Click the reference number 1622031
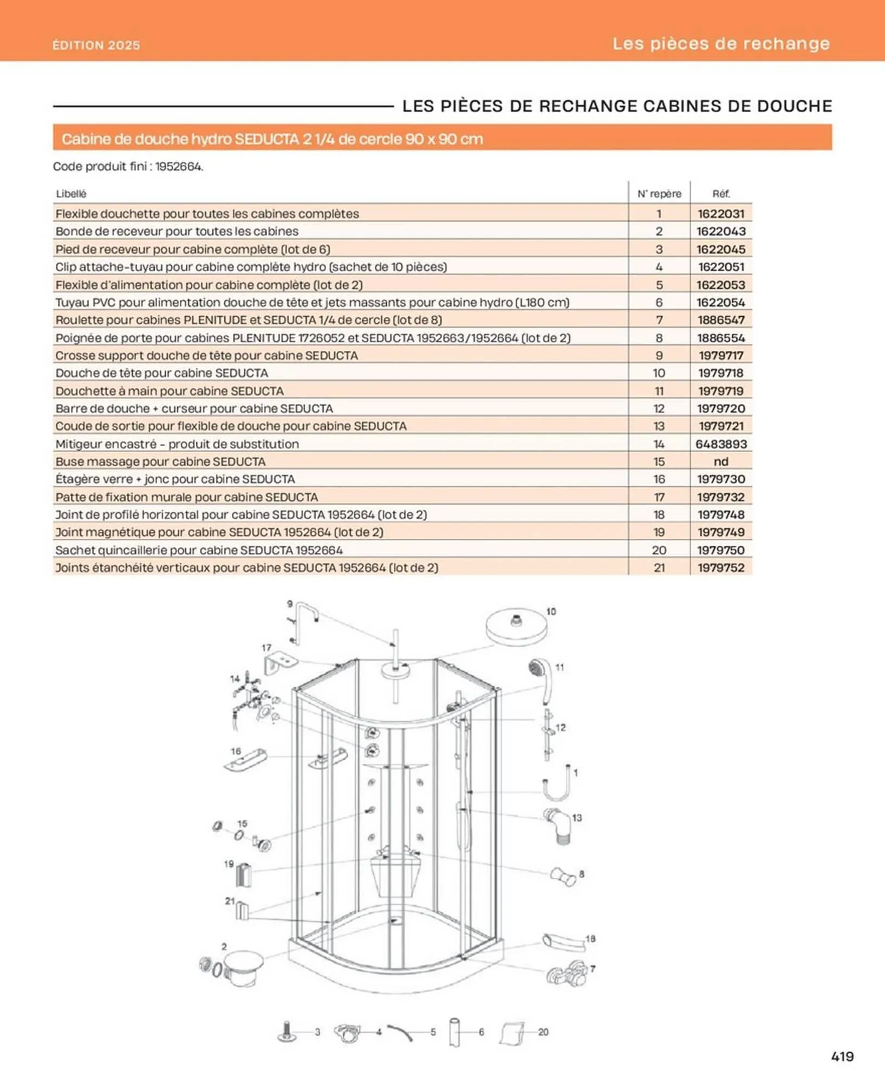coord(720,214)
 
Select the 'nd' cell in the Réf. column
coord(720,462)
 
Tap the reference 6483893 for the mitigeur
coord(720,444)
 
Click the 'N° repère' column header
coord(659,194)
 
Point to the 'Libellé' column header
coord(71,194)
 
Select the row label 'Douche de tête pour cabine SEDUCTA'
coord(161,373)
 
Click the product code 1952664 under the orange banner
coord(178,167)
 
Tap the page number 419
coord(842,1056)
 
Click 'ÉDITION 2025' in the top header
coord(96,45)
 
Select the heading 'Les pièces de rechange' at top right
coord(721,43)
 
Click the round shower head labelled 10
coord(516,627)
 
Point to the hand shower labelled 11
coord(542,677)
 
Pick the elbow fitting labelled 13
coord(558,825)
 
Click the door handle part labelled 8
coord(563,877)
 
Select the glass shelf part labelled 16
coord(245,760)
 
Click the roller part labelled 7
coord(567,975)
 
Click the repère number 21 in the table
coord(659,568)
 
